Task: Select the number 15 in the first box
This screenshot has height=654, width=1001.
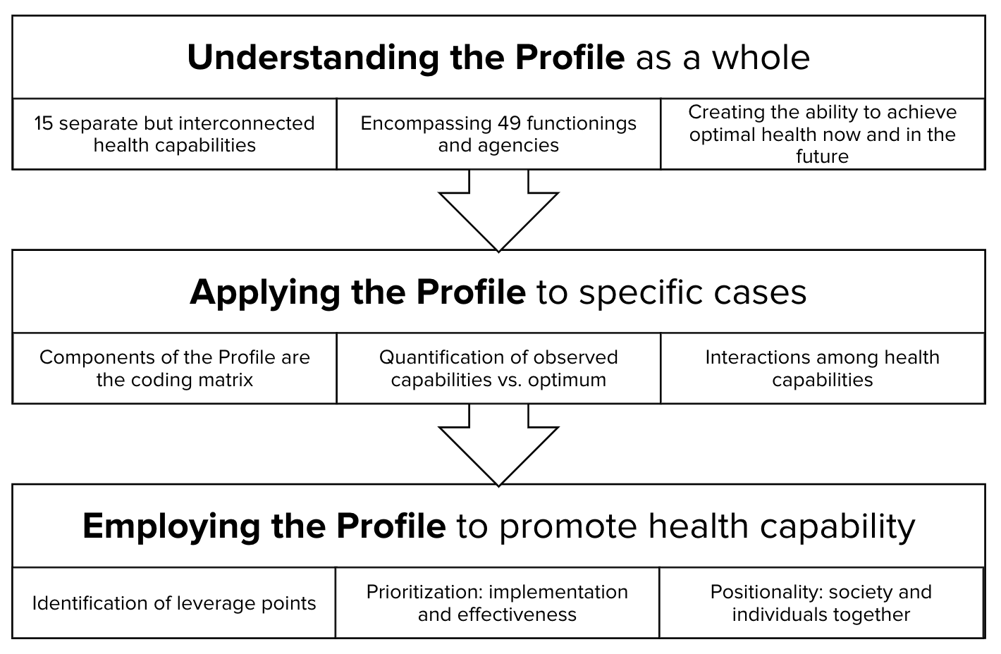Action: (x=43, y=123)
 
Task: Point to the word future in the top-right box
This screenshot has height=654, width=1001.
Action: (x=822, y=156)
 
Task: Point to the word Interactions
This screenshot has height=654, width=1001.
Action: (x=758, y=357)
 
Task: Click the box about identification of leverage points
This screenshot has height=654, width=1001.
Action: (x=174, y=603)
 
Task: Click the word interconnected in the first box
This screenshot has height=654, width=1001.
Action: (x=247, y=123)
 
